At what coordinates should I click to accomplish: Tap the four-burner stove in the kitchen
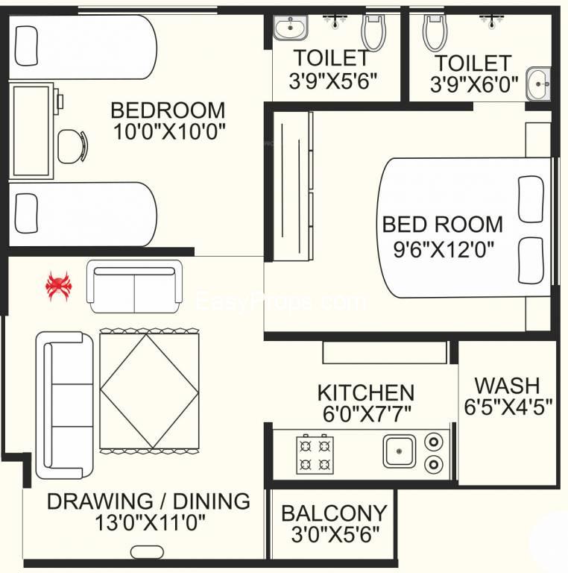pyautogui.click(x=315, y=454)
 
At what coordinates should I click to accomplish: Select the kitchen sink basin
pyautogui.click(x=399, y=451)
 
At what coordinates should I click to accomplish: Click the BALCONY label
pyautogui.click(x=334, y=513)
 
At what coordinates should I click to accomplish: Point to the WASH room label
pyautogui.click(x=507, y=385)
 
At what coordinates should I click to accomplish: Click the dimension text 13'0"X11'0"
pyautogui.click(x=150, y=522)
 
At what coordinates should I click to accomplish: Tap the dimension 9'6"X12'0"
pyautogui.click(x=444, y=250)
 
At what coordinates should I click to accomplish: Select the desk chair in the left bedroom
pyautogui.click(x=72, y=146)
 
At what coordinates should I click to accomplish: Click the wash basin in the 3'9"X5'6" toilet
pyautogui.click(x=291, y=28)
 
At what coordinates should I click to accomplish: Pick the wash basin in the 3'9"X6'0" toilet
pyautogui.click(x=538, y=84)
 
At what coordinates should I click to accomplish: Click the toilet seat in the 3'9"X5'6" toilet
pyautogui.click(x=373, y=33)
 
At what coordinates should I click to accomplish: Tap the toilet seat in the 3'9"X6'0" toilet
pyautogui.click(x=435, y=33)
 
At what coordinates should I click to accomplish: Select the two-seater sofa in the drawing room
pyautogui.click(x=135, y=286)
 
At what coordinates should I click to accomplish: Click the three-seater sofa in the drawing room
pyautogui.click(x=65, y=405)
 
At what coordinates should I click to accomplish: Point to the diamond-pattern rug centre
pyautogui.click(x=150, y=391)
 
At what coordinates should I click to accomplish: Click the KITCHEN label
pyautogui.click(x=366, y=393)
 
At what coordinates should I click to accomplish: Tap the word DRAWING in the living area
pyautogui.click(x=100, y=501)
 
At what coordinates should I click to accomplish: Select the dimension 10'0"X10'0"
pyautogui.click(x=169, y=131)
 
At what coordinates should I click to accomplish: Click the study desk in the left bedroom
pyautogui.click(x=31, y=131)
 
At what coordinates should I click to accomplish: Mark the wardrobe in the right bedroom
pyautogui.click(x=293, y=187)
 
